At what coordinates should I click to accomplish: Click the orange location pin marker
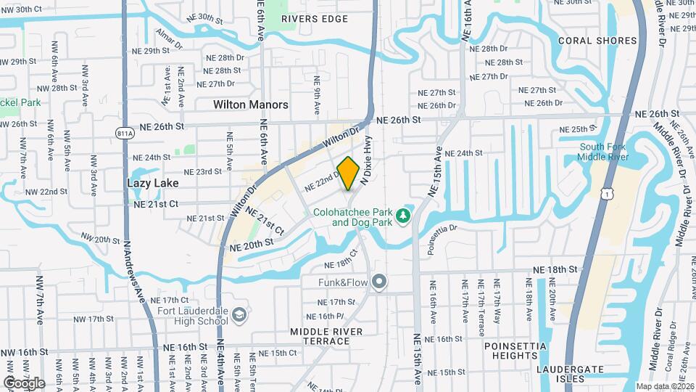tap(349, 173)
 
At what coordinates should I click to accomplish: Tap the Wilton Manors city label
tap(250, 105)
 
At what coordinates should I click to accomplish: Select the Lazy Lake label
tap(152, 183)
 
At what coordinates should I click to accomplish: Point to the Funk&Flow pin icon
tap(378, 282)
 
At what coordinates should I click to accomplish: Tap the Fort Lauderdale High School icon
tap(239, 316)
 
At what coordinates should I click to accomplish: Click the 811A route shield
tap(125, 133)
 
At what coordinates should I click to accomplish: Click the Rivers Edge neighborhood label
tap(315, 19)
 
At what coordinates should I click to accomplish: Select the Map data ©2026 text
tap(665, 386)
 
